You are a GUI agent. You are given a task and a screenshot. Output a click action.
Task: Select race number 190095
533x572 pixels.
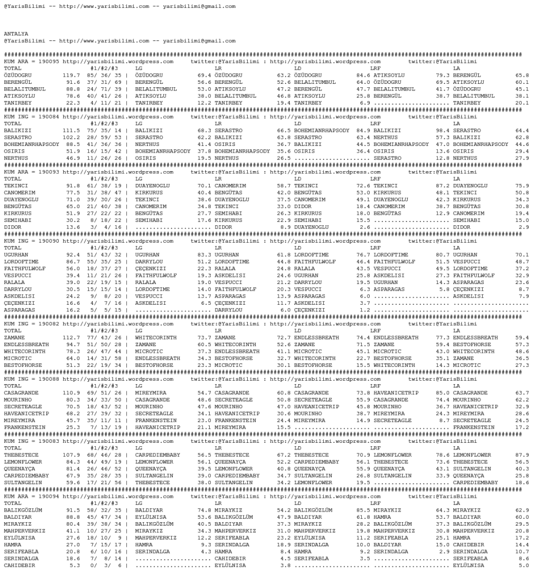47,60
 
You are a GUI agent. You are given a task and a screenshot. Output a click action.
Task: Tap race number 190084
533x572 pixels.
47,115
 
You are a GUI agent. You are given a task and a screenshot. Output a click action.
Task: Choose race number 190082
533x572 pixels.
47,316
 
